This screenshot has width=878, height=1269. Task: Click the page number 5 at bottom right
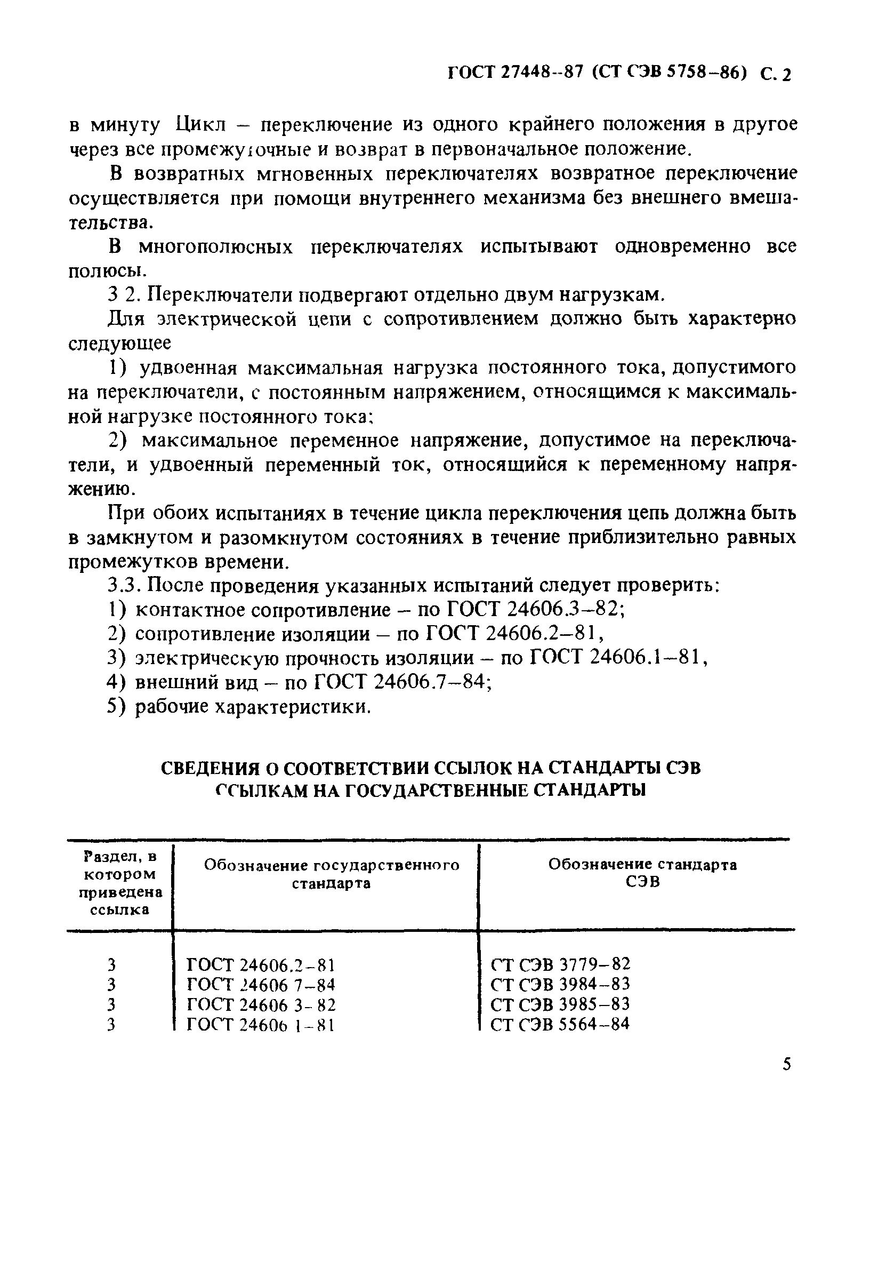coord(787,1064)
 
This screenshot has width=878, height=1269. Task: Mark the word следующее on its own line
coord(119,344)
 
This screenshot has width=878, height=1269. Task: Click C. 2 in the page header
coord(776,74)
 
